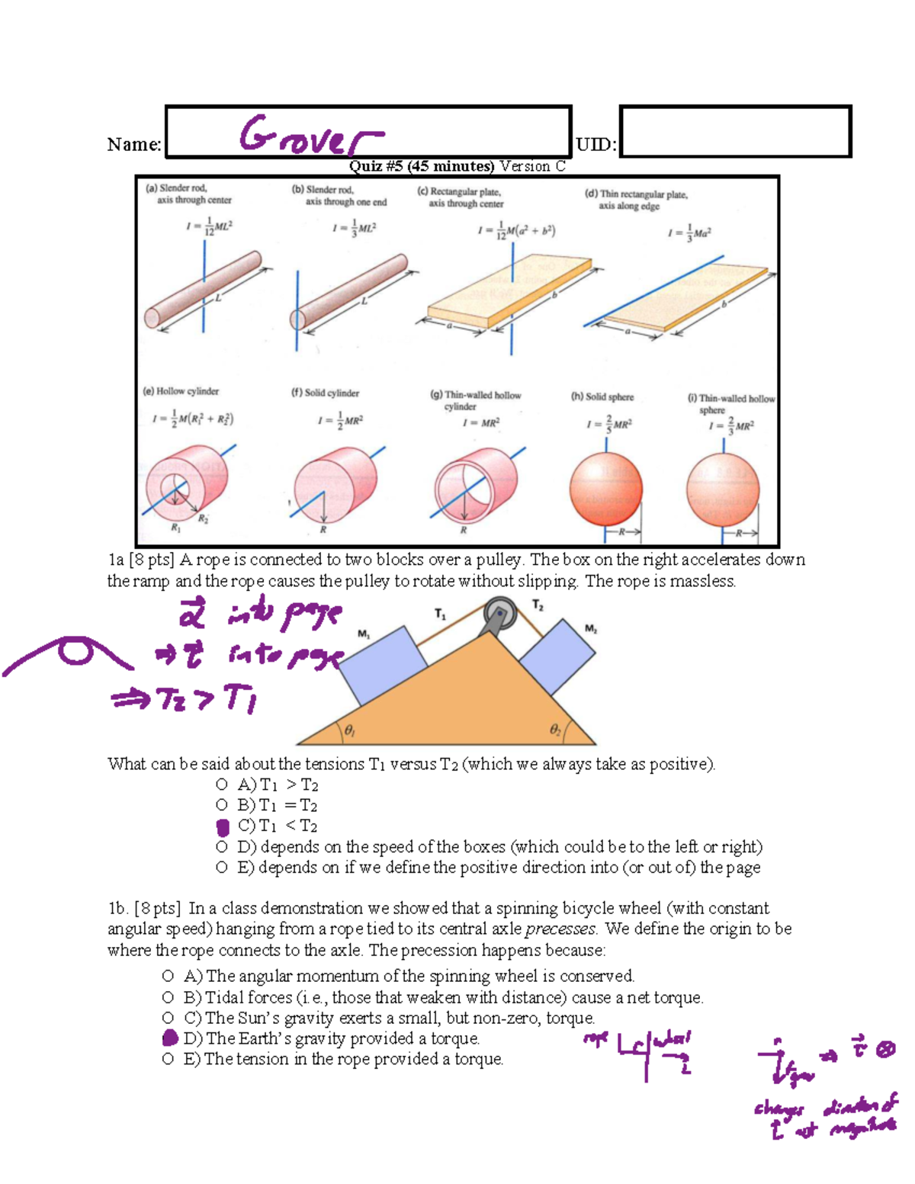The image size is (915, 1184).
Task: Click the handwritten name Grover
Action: (x=311, y=135)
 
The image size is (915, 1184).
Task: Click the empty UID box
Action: (x=735, y=132)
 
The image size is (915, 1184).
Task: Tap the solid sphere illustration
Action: (x=606, y=489)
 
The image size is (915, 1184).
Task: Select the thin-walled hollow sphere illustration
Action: (x=722, y=489)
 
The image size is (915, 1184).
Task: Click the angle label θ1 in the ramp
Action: (x=348, y=730)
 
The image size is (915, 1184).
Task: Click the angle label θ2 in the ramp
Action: (x=556, y=730)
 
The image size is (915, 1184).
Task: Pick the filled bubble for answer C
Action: (x=223, y=826)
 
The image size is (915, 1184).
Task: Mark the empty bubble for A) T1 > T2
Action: (x=222, y=785)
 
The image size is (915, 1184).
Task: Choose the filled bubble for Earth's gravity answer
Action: (x=170, y=1038)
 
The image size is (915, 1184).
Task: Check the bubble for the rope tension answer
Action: (x=169, y=1059)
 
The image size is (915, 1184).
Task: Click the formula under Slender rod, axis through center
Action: (x=210, y=226)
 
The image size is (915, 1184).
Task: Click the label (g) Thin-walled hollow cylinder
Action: (x=476, y=400)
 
